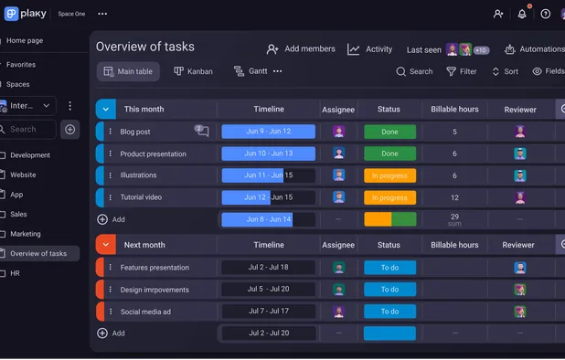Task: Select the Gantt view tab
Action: (x=251, y=71)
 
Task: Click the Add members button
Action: (x=301, y=49)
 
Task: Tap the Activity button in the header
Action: (x=370, y=49)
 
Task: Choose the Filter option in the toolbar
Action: (x=462, y=71)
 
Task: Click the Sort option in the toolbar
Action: (x=505, y=71)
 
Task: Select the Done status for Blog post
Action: (x=389, y=132)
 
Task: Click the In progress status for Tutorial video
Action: (x=389, y=197)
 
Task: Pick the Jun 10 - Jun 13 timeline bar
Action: (x=269, y=154)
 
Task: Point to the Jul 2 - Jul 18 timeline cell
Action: (x=269, y=268)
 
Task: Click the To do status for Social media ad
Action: (x=389, y=312)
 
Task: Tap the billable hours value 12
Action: (x=454, y=197)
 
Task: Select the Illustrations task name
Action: (x=138, y=175)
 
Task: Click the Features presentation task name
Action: (x=155, y=268)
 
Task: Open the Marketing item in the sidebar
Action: (x=26, y=234)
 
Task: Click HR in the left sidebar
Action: (x=15, y=273)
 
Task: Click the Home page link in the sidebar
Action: (x=25, y=41)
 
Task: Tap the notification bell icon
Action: (x=522, y=14)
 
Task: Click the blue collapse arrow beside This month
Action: (x=105, y=109)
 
